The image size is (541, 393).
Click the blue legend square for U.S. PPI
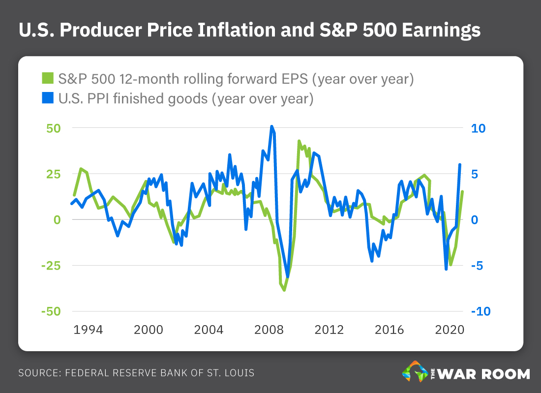[48, 98]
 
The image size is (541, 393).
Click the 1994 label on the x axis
[89, 330]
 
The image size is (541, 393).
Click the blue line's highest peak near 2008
[272, 126]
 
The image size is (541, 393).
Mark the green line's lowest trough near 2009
[284, 290]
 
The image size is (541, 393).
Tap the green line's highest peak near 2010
[300, 141]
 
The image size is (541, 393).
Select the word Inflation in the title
[202, 30]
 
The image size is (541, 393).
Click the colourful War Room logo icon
[415, 372]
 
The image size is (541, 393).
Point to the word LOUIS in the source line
[239, 373]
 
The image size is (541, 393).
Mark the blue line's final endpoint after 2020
[460, 165]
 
